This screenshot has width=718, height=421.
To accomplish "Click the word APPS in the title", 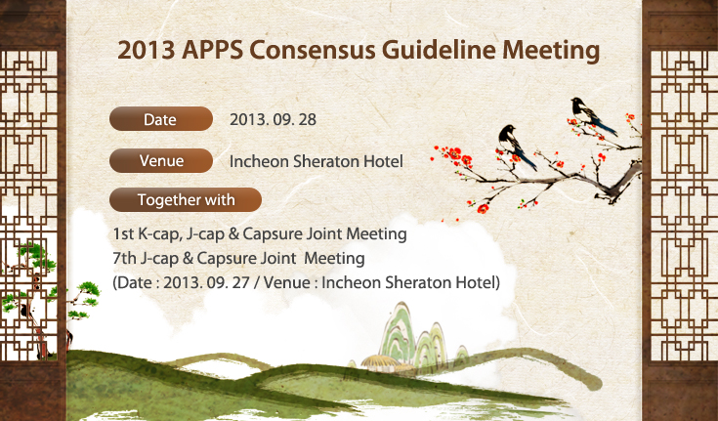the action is coord(212,50).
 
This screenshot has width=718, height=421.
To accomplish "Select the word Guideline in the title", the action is coord(439,51).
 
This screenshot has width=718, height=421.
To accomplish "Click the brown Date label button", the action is coord(161,119).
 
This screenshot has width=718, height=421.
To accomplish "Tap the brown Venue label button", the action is coord(161,161).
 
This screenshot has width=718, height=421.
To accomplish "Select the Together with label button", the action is coord(186,199).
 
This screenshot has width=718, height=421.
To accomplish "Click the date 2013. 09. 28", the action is coord(273,119).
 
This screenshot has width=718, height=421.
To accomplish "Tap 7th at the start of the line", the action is coord(125,258).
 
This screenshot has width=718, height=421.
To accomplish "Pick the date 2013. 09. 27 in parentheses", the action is coord(206,282).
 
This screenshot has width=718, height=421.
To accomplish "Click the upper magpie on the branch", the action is coord(592,115).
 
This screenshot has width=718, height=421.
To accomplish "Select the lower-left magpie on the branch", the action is coord(516,146).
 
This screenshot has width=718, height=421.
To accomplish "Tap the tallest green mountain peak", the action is coord(398,331).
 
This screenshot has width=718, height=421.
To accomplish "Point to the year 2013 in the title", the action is coord(147,50).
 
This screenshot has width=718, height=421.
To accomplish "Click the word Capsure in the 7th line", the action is coord(227,259).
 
